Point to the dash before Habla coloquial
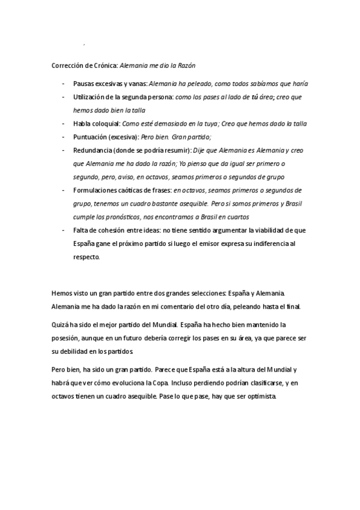[x=64, y=124]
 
